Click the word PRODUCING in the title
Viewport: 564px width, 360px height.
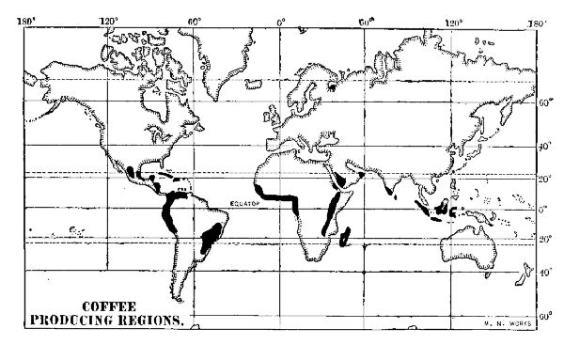tap(83, 320)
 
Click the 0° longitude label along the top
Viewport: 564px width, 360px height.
tap(281, 21)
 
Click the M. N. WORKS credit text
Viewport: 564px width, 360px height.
tap(510, 324)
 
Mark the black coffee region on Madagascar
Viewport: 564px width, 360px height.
tap(347, 235)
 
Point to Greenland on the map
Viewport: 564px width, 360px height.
tap(226, 66)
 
